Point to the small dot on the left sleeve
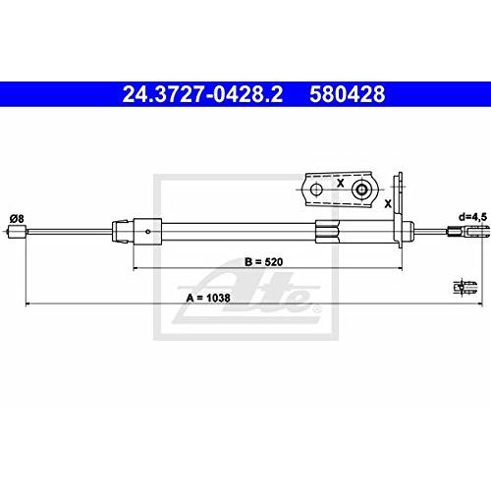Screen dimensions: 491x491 pyautogui.click(x=147, y=233)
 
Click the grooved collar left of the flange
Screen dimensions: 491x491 pyautogui.click(x=327, y=233)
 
